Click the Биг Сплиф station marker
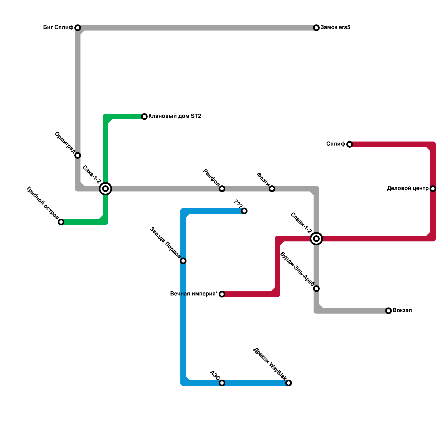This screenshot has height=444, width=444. click(x=78, y=28)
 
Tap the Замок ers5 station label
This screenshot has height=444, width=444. click(x=335, y=27)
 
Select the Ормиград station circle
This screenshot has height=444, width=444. click(x=78, y=155)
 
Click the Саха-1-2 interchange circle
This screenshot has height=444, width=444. click(x=105, y=189)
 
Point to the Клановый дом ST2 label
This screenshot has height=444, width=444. click(x=175, y=116)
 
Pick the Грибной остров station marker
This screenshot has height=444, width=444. click(x=61, y=222)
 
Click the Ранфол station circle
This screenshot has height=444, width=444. click(x=222, y=189)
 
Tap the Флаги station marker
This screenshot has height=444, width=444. click(x=272, y=189)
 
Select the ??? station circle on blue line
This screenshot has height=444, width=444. click(x=244, y=211)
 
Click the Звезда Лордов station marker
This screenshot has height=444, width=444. click(x=183, y=261)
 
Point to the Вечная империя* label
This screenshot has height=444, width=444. click(x=194, y=294)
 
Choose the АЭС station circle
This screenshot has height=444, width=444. click(x=222, y=383)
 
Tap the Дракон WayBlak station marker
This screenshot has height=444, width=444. click(x=289, y=383)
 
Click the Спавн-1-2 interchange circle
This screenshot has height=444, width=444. click(x=316, y=239)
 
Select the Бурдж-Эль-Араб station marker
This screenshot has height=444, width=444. click(x=316, y=289)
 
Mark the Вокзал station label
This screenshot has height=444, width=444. click(x=402, y=311)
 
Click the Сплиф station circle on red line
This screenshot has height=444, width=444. click(x=350, y=144)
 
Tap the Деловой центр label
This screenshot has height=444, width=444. click(x=408, y=188)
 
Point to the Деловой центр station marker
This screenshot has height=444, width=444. click(x=433, y=189)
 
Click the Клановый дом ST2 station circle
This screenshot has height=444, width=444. click(x=144, y=117)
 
